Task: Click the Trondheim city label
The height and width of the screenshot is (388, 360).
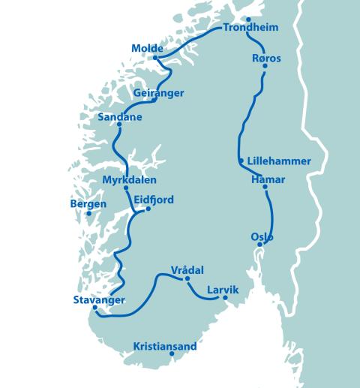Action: tap(250, 29)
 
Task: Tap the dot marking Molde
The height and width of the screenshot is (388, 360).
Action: tap(155, 58)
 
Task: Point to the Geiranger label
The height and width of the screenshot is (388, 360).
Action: tap(158, 92)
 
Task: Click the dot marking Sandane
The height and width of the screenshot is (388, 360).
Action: tap(119, 126)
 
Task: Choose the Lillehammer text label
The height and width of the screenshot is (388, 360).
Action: tap(278, 161)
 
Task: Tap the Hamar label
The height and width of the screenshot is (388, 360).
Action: tap(267, 179)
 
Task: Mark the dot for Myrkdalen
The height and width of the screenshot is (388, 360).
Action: tap(126, 188)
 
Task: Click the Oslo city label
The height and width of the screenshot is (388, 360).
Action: tap(262, 237)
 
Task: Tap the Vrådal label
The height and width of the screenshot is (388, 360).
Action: tap(187, 270)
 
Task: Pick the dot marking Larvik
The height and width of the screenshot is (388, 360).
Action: tap(225, 298)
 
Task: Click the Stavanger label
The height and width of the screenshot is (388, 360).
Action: tap(99, 299)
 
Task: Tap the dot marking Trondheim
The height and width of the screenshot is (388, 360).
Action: tap(248, 20)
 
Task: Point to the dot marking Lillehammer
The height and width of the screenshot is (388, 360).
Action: tap(241, 161)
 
